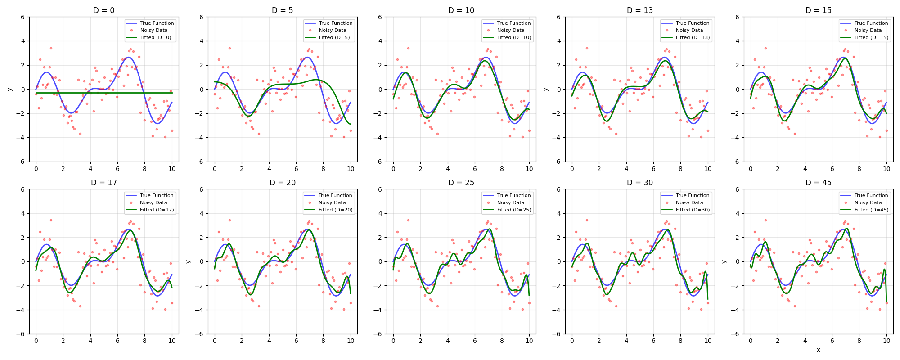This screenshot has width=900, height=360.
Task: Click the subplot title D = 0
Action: [x=104, y=10]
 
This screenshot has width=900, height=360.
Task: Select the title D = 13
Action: [x=639, y=10]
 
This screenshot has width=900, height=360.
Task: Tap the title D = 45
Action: [x=818, y=183]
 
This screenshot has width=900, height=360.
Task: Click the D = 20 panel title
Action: [x=283, y=183]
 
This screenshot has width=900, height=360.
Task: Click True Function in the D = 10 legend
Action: [x=514, y=23]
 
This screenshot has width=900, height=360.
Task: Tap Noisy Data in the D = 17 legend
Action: [x=153, y=202]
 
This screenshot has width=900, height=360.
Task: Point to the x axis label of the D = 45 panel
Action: [x=818, y=350]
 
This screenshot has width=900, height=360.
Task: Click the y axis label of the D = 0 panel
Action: [x=9, y=89]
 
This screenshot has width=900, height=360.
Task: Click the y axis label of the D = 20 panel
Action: [x=188, y=261]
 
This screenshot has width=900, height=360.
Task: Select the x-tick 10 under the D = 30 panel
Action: [x=708, y=341]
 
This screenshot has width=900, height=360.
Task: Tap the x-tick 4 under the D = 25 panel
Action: [x=448, y=341]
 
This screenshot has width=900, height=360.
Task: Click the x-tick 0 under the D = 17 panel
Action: [x=36, y=341]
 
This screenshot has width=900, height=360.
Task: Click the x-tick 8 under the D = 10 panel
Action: [x=502, y=169]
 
